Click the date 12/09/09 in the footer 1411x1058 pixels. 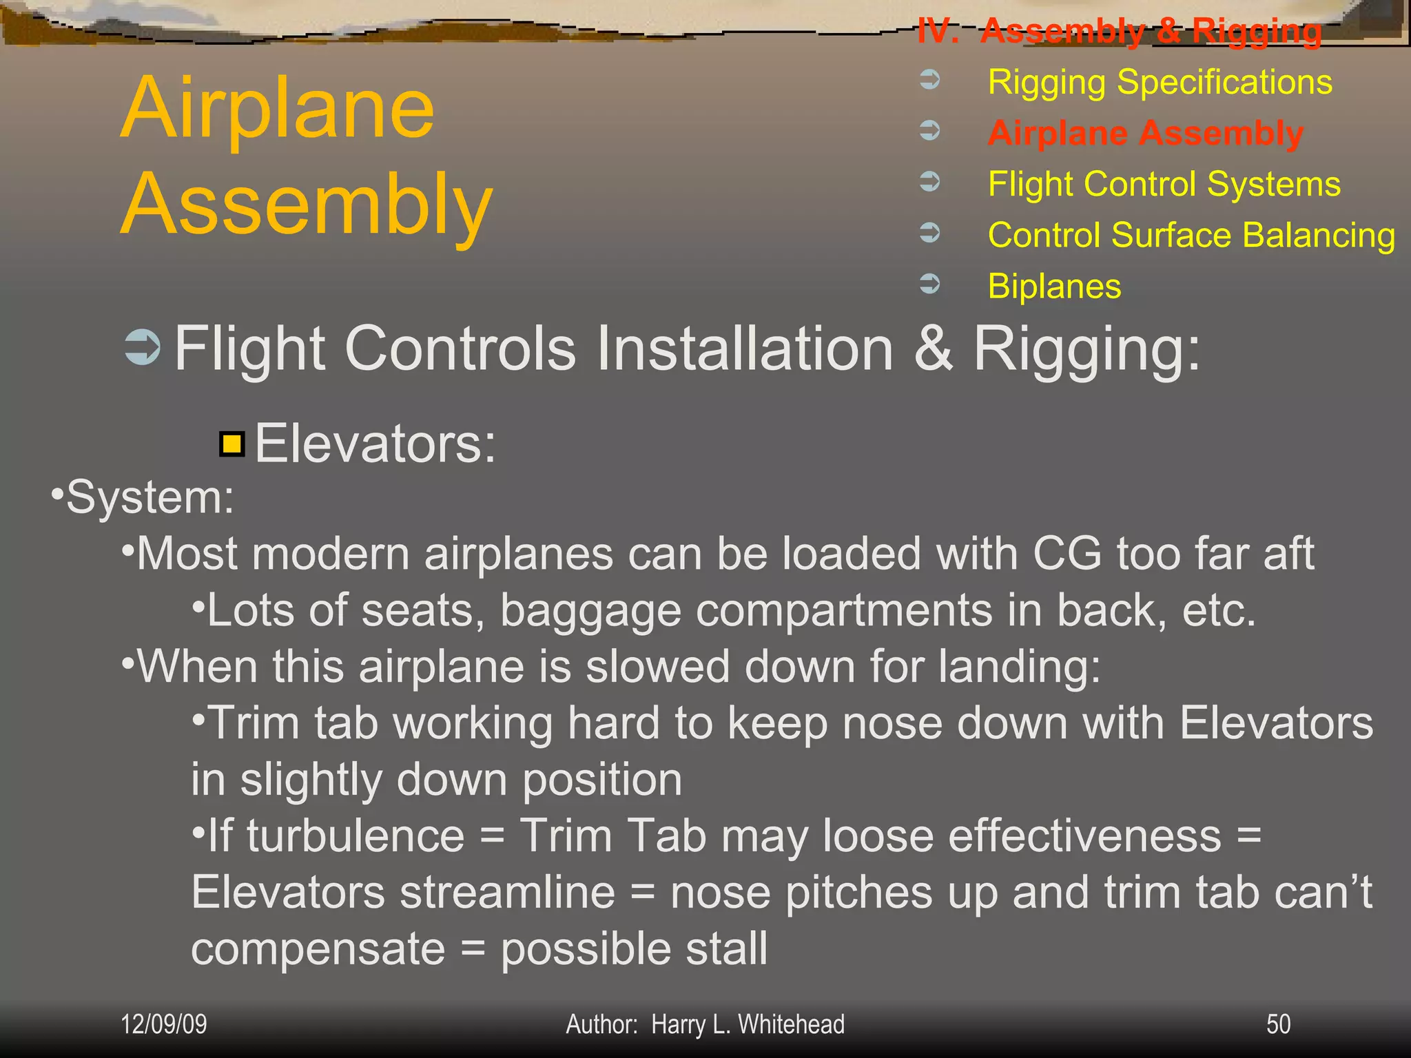163,1024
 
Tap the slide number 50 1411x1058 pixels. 1278,1024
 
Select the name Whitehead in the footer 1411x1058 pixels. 791,1024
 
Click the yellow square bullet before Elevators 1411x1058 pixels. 232,444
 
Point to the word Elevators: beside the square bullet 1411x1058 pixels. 375,444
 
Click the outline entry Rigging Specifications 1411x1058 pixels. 1160,82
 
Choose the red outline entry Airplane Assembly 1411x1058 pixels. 1145,133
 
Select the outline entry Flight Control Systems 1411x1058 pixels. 1164,184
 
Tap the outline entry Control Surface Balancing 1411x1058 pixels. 1191,235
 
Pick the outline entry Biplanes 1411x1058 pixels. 1054,286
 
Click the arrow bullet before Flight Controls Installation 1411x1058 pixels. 143,348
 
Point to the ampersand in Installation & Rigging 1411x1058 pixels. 934,349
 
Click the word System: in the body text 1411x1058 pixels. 150,497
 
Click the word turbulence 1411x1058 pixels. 356,836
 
